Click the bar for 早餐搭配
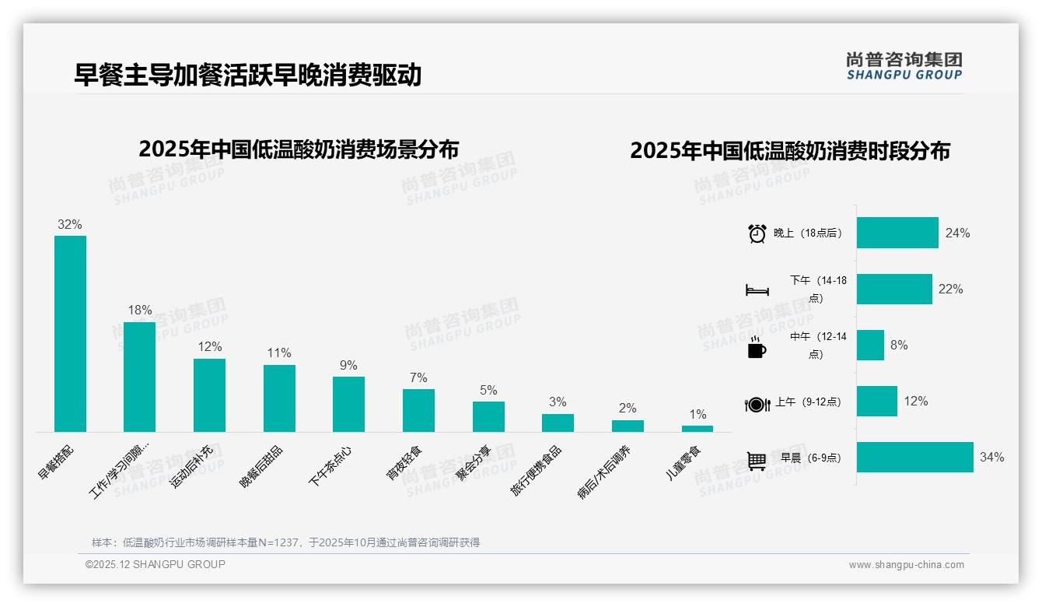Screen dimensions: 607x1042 70,333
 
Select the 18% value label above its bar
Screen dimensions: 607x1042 140,310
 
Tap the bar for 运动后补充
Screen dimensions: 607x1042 209,395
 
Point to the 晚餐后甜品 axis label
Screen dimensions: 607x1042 261,468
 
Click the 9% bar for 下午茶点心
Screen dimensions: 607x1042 348,404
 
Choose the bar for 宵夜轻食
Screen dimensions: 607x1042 418,410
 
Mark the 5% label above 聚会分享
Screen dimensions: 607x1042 488,390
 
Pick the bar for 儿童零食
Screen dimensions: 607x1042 698,428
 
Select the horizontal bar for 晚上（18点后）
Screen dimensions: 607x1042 897,233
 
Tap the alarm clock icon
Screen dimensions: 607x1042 757,233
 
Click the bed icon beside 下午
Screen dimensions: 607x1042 757,290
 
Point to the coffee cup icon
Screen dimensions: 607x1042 757,347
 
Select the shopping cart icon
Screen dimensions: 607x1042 757,461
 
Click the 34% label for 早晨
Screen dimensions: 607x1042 991,458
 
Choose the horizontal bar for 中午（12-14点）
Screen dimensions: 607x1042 870,346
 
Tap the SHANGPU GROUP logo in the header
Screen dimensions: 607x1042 904,66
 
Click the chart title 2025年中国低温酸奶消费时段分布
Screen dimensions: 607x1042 790,151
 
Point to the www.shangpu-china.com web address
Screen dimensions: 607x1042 906,565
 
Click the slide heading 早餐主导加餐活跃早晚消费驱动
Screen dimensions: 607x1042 247,75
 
